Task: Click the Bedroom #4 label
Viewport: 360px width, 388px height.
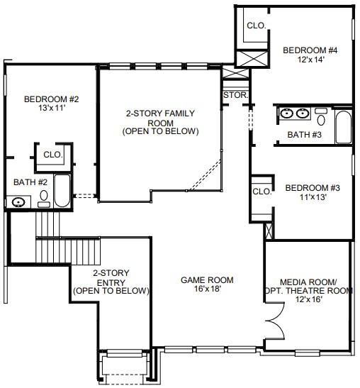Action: (310, 50)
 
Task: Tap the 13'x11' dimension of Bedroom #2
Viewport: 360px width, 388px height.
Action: (52, 108)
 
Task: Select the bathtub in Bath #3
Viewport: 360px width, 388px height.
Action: (344, 127)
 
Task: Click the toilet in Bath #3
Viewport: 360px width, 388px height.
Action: (321, 116)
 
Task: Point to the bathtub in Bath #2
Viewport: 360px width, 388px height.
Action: (62, 191)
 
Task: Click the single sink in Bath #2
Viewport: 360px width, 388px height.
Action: (18, 202)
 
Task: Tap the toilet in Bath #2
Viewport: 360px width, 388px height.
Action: (44, 199)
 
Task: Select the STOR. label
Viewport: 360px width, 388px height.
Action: (236, 95)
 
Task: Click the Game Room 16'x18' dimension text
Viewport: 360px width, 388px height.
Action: (207, 289)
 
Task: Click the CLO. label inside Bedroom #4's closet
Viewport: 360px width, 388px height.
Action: (257, 26)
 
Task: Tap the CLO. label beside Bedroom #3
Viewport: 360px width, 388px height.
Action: (262, 192)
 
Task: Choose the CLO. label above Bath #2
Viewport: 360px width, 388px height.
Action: (53, 155)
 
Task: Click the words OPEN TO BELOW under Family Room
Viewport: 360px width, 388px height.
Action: (160, 131)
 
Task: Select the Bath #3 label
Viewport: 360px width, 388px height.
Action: (304, 135)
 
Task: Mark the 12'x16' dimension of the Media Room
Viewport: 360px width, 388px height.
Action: (309, 299)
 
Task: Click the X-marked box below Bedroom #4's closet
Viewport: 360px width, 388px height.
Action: (252, 58)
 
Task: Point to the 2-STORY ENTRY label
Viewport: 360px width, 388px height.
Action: (111, 277)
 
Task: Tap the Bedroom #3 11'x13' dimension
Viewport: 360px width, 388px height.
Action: (313, 197)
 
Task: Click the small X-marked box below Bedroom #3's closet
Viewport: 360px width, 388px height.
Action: (269, 231)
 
